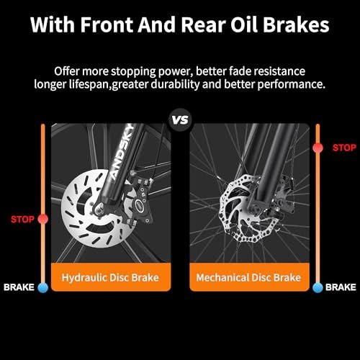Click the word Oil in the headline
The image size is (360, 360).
[245, 24]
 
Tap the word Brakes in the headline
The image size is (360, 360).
[296, 24]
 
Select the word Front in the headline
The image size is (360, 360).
[107, 24]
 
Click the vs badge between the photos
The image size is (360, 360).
[180, 120]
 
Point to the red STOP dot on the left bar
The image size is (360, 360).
[43, 219]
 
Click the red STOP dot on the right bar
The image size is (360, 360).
[318, 148]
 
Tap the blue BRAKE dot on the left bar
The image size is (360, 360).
[43, 287]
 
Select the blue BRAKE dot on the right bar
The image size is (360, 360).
[318, 287]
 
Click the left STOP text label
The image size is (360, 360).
[22, 219]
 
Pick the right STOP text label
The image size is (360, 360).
[344, 148]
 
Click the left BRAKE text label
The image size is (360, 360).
[19, 287]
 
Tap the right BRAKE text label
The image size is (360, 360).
[341, 287]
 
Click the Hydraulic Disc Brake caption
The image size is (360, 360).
[110, 277]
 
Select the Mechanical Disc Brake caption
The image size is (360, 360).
[248, 277]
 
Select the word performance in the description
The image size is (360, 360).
[292, 84]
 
